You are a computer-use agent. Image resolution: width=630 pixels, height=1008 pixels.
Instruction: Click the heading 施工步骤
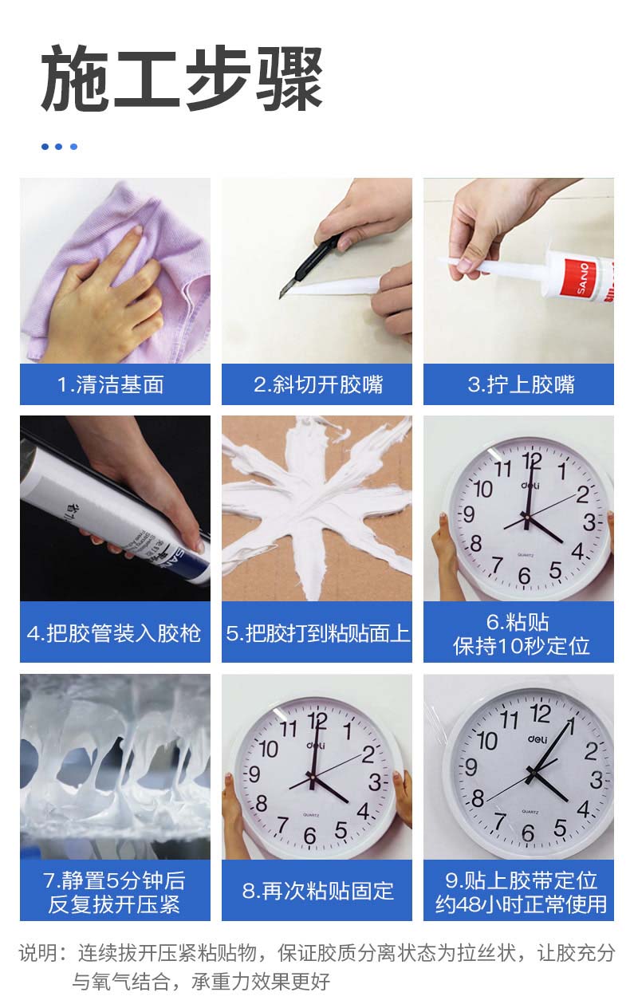click(182, 78)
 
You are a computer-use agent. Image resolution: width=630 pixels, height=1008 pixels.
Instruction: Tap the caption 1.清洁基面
click(111, 384)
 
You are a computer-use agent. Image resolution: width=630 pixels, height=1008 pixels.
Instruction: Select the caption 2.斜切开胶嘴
click(318, 384)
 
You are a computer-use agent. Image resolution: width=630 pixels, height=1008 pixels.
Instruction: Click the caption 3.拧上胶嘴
click(521, 384)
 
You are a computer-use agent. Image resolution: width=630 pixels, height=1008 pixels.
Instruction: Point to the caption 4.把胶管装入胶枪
click(114, 633)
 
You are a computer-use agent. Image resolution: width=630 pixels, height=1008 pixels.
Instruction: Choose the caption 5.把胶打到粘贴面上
click(317, 633)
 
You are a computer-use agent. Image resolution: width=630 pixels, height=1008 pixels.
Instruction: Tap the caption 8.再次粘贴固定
click(317, 891)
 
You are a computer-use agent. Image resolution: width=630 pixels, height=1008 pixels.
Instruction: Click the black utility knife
click(311, 266)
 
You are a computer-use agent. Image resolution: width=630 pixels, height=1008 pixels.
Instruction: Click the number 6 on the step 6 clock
click(524, 576)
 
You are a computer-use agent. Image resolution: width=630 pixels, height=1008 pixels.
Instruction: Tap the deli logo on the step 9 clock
click(537, 738)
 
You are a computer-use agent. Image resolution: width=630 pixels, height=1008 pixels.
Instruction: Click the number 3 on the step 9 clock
click(597, 780)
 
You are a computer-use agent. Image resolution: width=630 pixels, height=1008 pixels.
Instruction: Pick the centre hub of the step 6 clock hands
click(526, 520)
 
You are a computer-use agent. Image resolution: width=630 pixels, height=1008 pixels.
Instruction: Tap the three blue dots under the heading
click(59, 146)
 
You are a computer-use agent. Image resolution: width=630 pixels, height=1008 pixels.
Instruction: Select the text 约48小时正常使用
click(521, 904)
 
